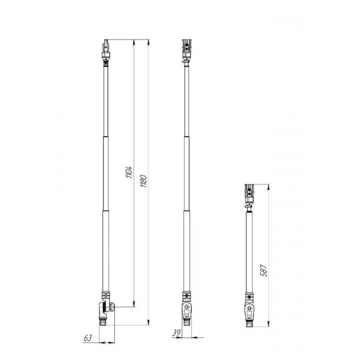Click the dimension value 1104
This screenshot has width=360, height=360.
[x=129, y=172]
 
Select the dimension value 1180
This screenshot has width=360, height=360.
[x=143, y=181]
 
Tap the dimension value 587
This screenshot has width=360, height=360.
[x=264, y=271]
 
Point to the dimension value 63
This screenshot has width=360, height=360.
[x=87, y=338]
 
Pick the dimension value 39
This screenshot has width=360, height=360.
[x=176, y=333]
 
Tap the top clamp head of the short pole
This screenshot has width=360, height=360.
[x=249, y=193]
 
